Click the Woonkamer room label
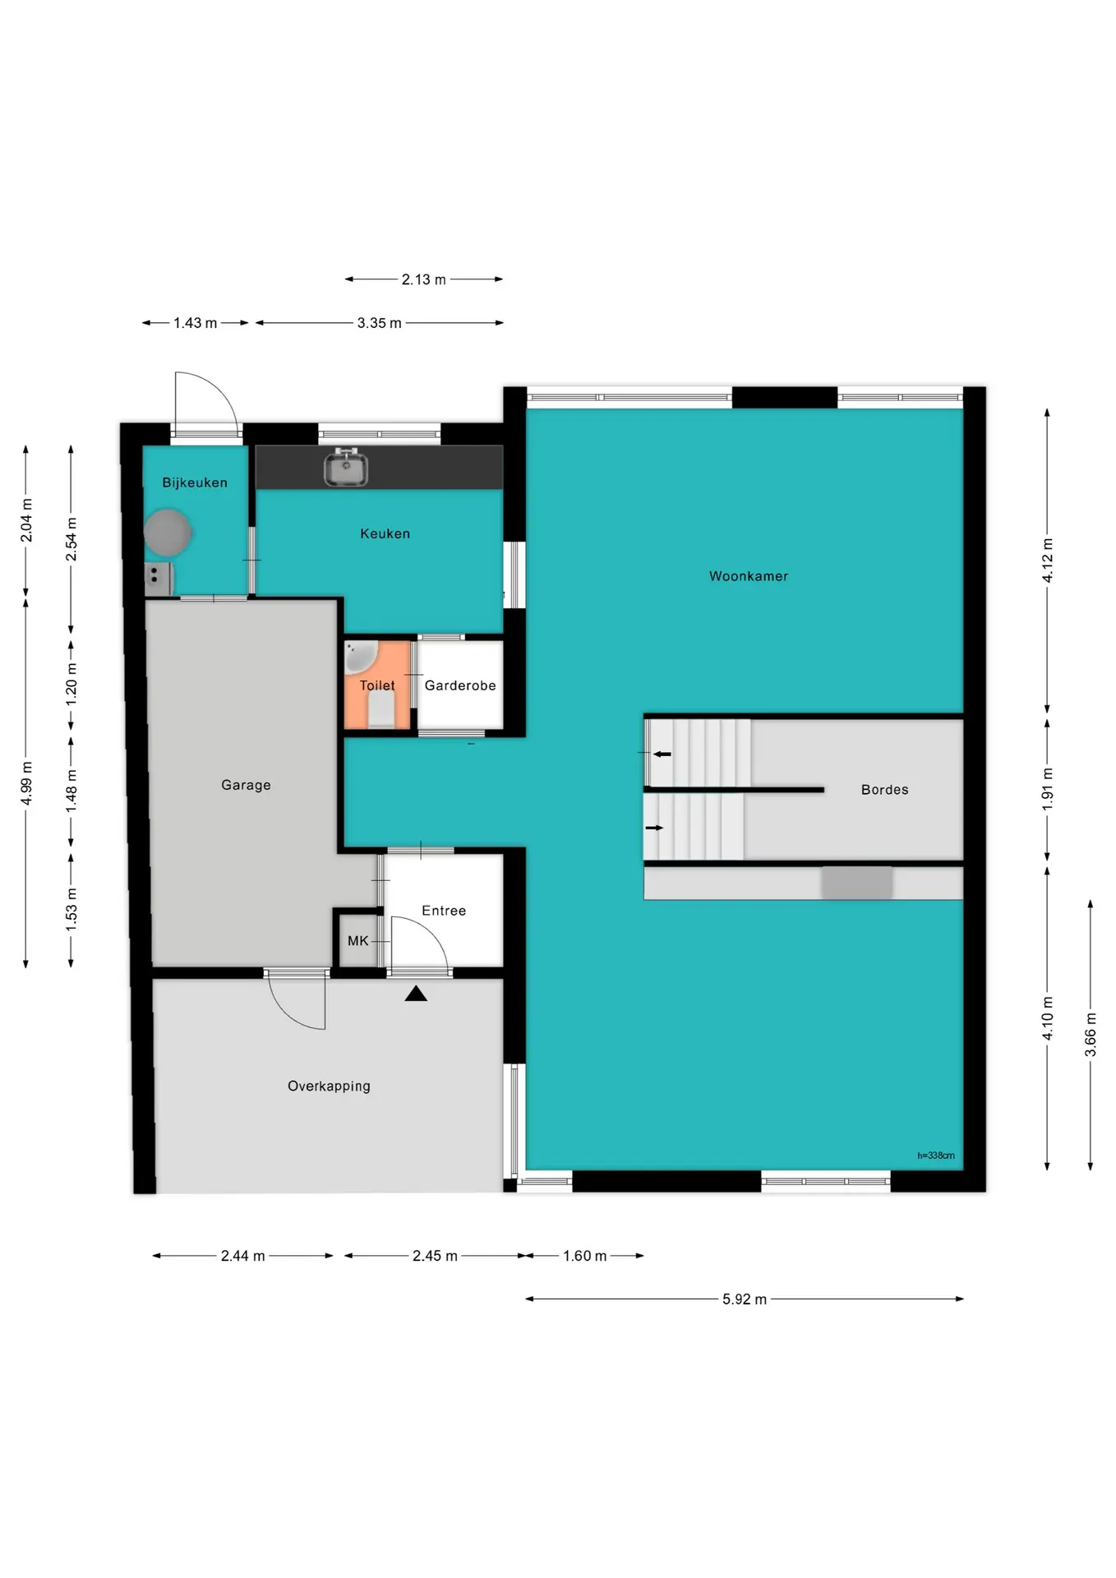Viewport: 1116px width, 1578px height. tap(749, 576)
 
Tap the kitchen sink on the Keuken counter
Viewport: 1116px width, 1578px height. tap(346, 468)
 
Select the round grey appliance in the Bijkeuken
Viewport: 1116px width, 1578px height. tap(168, 532)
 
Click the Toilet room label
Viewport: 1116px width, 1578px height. tap(377, 685)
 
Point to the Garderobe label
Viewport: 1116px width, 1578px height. tap(460, 685)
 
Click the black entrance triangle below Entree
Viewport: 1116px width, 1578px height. tap(416, 994)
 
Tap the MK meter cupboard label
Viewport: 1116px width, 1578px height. tap(358, 941)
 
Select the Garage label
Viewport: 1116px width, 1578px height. tap(246, 785)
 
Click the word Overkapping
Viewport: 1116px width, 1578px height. tap(329, 1087)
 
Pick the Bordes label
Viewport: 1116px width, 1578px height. tap(885, 790)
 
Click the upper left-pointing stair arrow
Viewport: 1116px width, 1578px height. tap(662, 754)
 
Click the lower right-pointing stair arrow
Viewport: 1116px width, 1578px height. tap(654, 828)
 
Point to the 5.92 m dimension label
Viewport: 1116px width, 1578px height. tap(745, 1299)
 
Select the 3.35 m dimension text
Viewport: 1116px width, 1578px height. tap(379, 323)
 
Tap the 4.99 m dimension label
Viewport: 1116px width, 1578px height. tap(26, 782)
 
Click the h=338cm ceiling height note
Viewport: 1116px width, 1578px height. tap(936, 1156)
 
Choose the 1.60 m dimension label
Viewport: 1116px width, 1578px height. tap(584, 1256)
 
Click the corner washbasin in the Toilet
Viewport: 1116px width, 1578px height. tap(359, 657)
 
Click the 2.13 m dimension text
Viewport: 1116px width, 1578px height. tap(423, 279)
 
